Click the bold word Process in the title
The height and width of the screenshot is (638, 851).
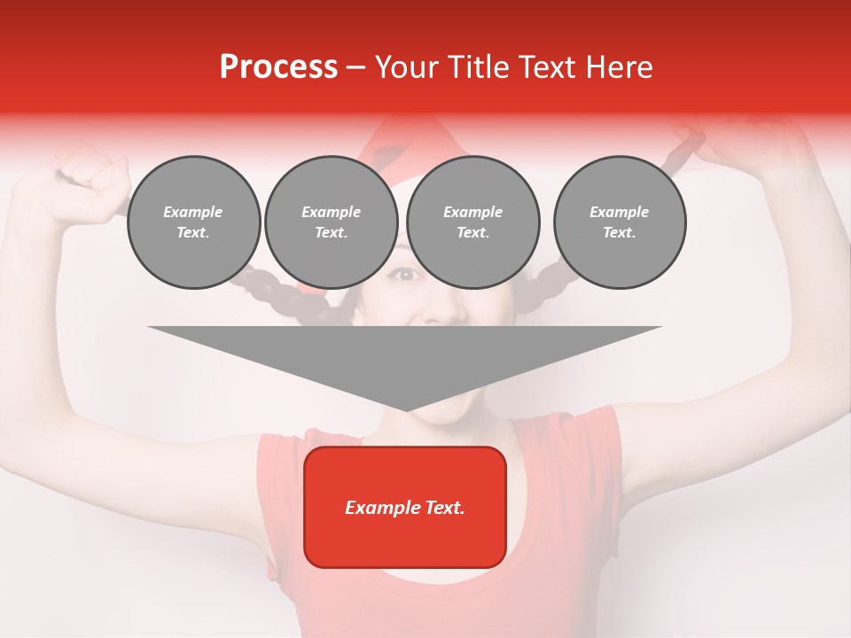278,67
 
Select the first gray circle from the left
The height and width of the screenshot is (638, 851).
194,222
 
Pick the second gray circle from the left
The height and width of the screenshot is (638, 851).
332,222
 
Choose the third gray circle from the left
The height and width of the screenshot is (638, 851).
473,222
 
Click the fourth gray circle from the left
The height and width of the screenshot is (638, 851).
620,222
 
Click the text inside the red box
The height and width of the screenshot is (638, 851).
405,508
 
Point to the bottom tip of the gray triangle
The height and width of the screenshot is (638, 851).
405,409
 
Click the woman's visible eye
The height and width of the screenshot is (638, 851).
405,275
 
